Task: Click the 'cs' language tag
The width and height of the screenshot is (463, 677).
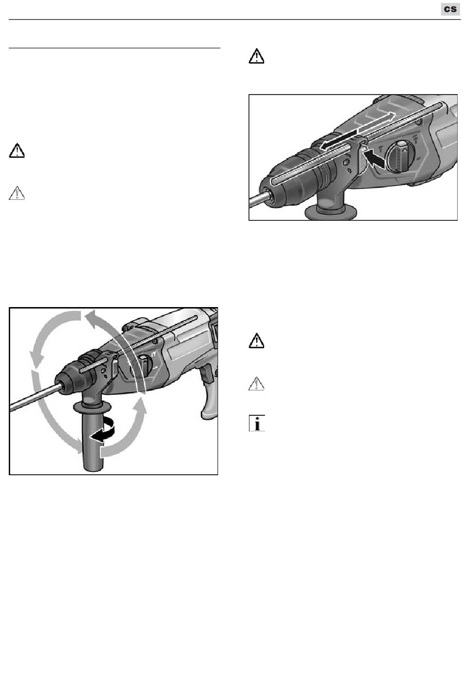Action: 450,9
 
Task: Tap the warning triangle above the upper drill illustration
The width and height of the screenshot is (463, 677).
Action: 256,56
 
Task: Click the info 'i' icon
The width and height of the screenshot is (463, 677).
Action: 257,423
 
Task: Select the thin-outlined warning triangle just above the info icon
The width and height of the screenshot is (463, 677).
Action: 256,384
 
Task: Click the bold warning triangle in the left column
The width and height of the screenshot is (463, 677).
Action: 17,151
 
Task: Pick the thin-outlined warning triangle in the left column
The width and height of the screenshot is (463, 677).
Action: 17,193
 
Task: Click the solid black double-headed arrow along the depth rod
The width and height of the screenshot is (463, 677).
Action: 339,140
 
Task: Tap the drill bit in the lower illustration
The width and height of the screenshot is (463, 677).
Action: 33,397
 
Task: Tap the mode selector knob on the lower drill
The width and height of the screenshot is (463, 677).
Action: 142,366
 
